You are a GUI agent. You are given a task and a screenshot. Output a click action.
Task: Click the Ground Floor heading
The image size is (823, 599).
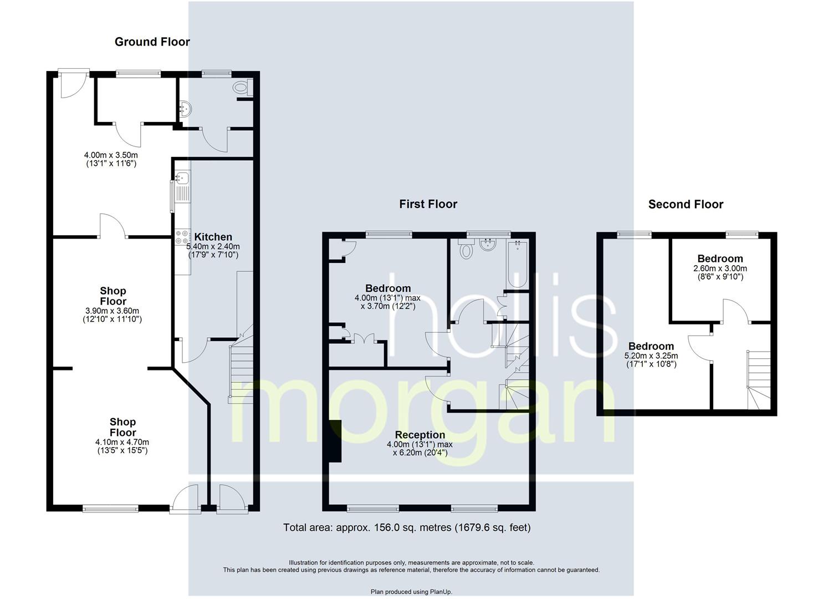coord(152,42)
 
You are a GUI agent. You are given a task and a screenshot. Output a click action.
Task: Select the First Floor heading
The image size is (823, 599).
coord(428,204)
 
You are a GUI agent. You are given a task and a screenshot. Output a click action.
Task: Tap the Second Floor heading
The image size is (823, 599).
coord(686,204)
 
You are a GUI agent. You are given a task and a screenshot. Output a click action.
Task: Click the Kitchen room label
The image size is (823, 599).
coord(213,237)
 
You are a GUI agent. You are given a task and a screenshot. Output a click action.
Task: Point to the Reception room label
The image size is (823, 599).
coord(420,435)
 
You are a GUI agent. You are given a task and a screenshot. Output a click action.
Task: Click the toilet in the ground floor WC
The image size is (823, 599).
coord(242,88)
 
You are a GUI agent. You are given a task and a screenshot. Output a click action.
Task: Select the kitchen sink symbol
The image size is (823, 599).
coord(181,179)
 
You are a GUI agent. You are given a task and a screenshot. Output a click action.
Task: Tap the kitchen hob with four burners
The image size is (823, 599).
coord(182,237)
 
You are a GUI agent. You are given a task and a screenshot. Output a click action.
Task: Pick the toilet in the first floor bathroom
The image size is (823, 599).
coord(467,251)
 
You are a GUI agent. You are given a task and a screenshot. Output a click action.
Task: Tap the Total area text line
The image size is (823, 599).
coord(407,527)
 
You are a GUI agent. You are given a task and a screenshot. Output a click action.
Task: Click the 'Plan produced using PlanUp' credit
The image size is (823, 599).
coord(411,592)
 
